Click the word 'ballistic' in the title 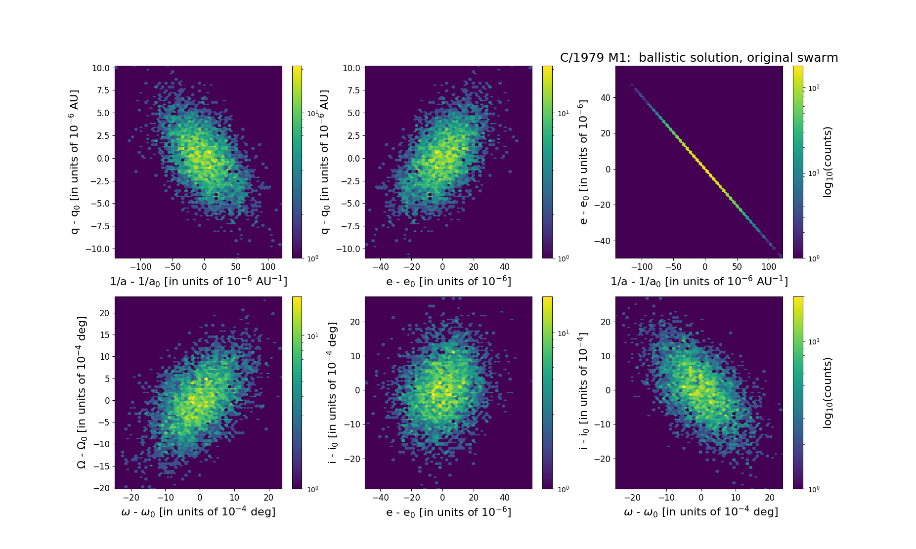pyautogui.click(x=662, y=58)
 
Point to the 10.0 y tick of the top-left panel pyautogui.click(x=101, y=68)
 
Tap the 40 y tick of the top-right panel pyautogui.click(x=606, y=97)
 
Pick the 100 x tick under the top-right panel pyautogui.click(x=769, y=267)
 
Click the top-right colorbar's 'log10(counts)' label pyautogui.click(x=828, y=162)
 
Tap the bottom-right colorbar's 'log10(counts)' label pyautogui.click(x=828, y=393)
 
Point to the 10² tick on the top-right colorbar pyautogui.click(x=814, y=88)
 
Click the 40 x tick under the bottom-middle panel pyautogui.click(x=505, y=498)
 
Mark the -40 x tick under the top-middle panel pyautogui.click(x=380, y=267)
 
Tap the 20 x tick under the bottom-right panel pyautogui.click(x=770, y=498)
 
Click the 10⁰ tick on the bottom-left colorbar pyautogui.click(x=312, y=489)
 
